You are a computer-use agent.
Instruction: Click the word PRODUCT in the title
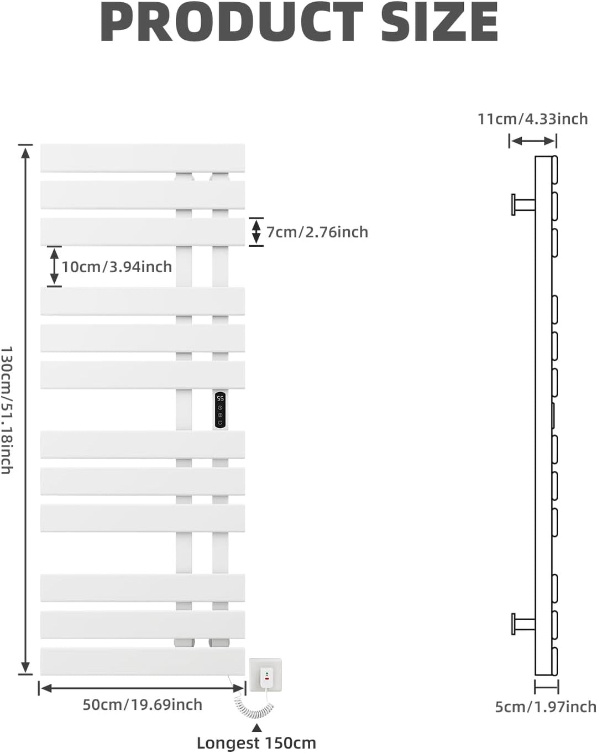tap(232, 22)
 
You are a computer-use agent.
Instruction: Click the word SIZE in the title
tap(439, 22)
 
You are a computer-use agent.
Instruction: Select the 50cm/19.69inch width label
tap(143, 705)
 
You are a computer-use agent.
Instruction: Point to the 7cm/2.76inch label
tap(317, 232)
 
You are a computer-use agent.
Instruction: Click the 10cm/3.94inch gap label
tap(117, 267)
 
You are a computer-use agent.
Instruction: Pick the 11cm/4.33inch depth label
tap(533, 119)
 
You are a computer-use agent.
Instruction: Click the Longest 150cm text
tap(256, 743)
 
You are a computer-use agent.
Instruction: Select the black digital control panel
tap(220, 410)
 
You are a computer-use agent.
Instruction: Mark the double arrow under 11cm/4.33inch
tap(533, 141)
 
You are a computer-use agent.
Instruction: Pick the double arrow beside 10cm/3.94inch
tap(54, 267)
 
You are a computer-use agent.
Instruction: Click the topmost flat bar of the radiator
tap(143, 158)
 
